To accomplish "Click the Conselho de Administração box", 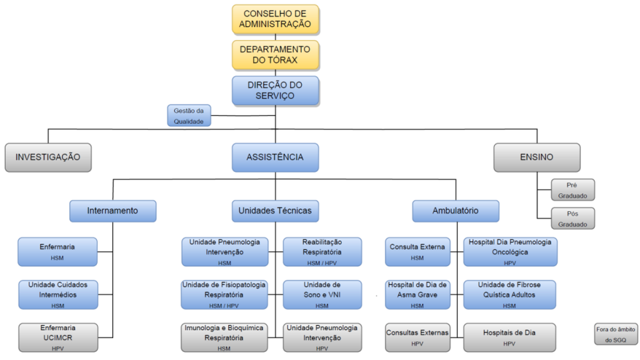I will coord(275,20).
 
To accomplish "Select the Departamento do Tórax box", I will coord(275,55).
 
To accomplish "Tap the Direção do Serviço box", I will coord(275,90).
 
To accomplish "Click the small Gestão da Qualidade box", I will coord(189,116).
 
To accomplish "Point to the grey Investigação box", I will coord(48,157).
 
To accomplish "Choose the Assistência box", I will coord(275,157).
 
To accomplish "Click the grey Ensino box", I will coord(536,157).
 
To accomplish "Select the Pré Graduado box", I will coord(572,190).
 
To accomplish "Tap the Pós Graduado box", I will coord(572,217).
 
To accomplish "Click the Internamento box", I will coord(112,211).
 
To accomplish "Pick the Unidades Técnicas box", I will coord(275,211).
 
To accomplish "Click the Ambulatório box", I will coord(456,211).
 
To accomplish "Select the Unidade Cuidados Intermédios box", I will coord(58,294).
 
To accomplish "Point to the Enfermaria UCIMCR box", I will coord(58,337).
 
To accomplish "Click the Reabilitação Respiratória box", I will coord(322,251).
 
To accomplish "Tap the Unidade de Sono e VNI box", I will coord(322,294).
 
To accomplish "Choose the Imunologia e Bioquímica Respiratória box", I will coord(224,337).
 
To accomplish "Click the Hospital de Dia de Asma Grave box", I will coord(417,294).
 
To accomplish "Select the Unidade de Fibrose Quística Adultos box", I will coord(509,294).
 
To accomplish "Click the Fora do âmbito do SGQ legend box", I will coord(616,334).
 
